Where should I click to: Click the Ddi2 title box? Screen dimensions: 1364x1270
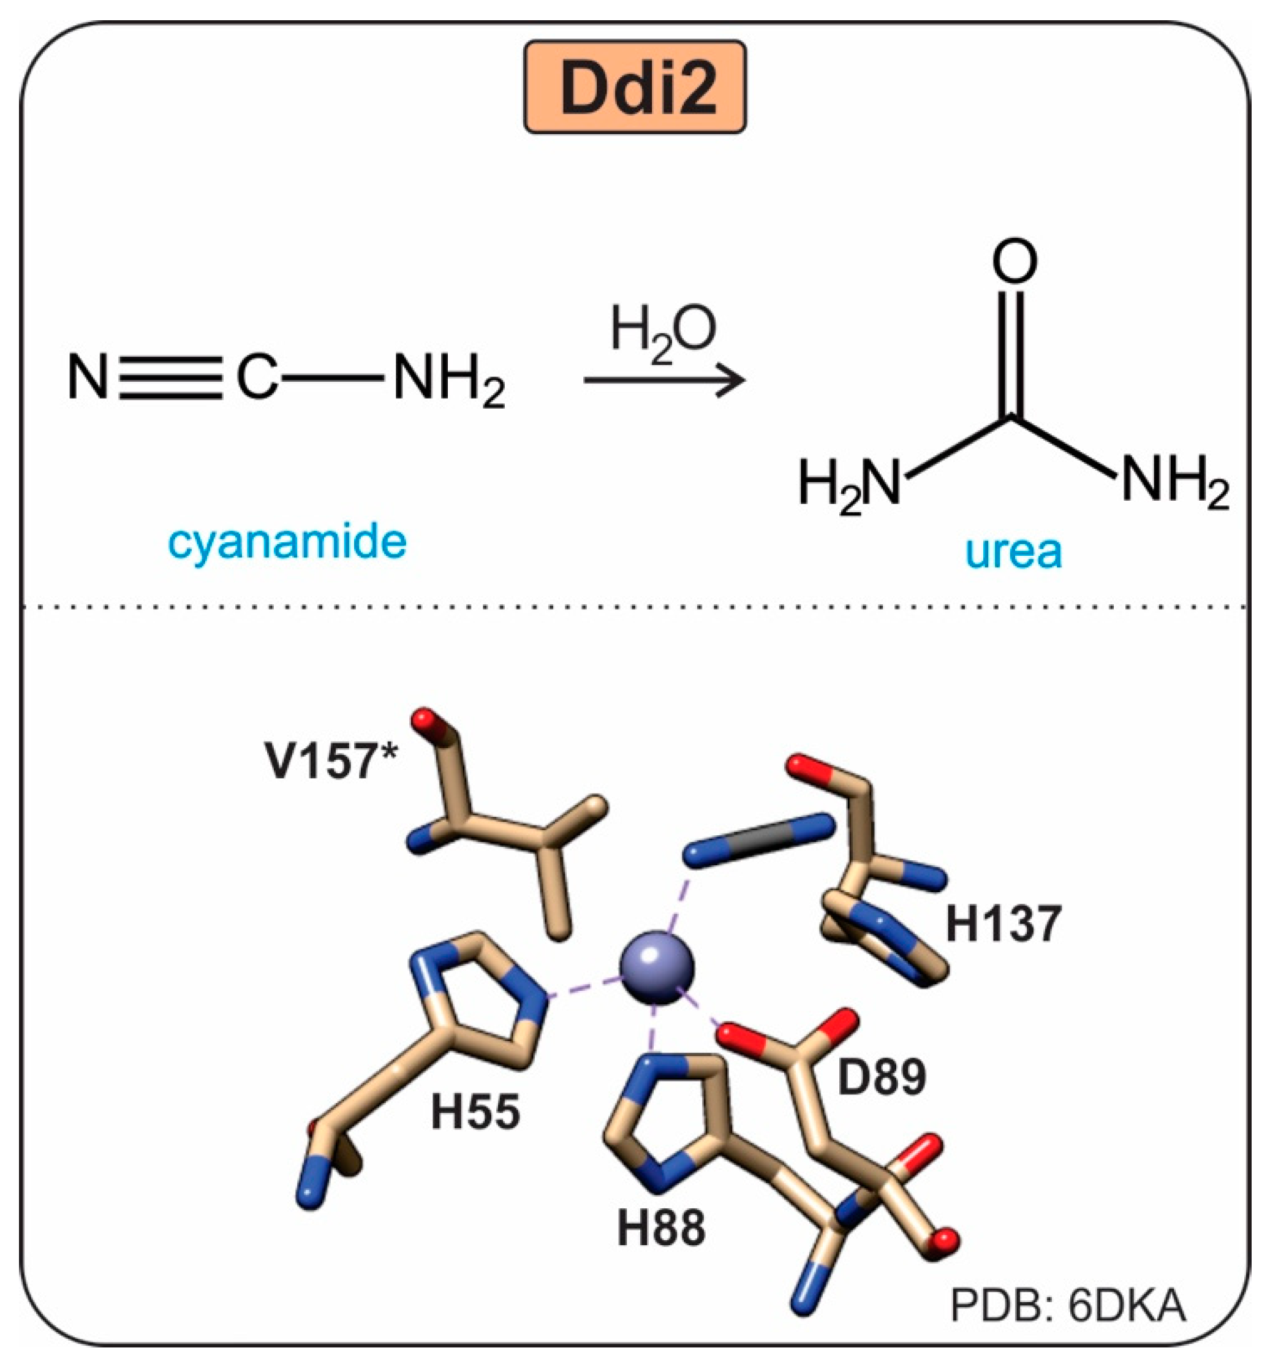point(635,87)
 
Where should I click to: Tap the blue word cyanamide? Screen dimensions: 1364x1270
point(287,543)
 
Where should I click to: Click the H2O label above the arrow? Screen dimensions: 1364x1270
point(663,332)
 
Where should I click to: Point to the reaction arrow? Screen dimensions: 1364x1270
point(663,379)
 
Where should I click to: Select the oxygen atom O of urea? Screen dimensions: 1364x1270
point(1014,260)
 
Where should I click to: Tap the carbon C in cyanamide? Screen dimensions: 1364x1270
point(257,379)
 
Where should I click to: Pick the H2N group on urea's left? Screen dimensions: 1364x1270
point(849,483)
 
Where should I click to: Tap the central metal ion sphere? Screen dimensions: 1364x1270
point(657,968)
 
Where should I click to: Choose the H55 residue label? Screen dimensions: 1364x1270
point(475,1111)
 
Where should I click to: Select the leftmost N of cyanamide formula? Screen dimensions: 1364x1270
point(88,379)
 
